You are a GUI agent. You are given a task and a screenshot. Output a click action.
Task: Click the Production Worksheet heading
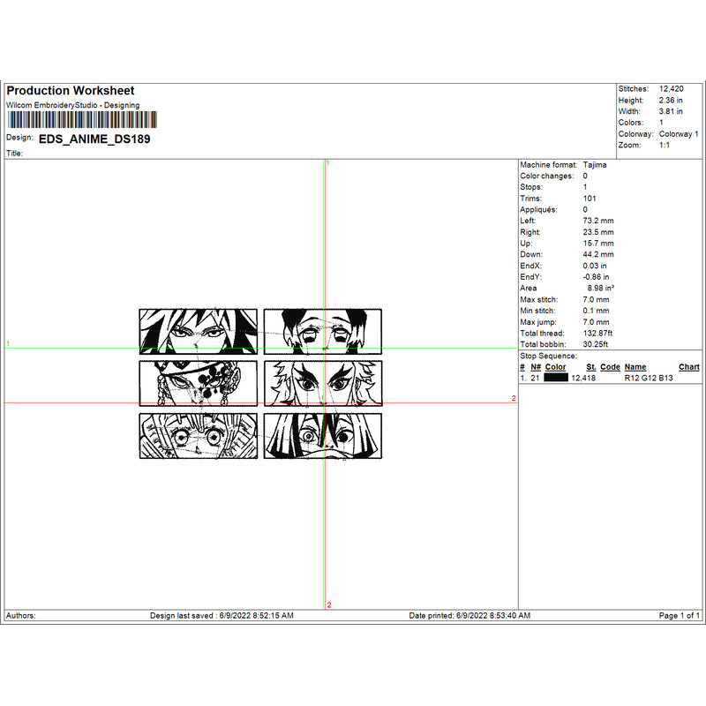pyautogui.click(x=71, y=91)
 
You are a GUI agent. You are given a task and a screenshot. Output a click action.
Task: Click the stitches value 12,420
pyautogui.click(x=672, y=89)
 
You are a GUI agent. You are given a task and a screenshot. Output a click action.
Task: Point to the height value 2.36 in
pyautogui.click(x=672, y=101)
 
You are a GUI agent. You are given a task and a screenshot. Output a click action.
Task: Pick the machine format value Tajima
pyautogui.click(x=595, y=165)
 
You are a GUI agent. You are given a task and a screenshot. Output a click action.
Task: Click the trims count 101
pyautogui.click(x=590, y=199)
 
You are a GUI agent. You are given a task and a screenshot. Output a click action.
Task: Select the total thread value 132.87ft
pyautogui.click(x=600, y=333)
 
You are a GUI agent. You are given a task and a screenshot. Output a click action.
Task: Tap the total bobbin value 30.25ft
pyautogui.click(x=597, y=344)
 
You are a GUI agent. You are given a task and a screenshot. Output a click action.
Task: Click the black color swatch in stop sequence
pyautogui.click(x=556, y=377)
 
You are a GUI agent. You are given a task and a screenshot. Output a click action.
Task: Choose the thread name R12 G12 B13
pyautogui.click(x=648, y=377)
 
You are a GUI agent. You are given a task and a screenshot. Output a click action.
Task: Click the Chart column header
pyautogui.click(x=689, y=367)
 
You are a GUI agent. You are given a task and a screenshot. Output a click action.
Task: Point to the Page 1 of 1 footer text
pyautogui.click(x=680, y=615)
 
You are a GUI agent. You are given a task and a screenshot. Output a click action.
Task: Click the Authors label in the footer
pyautogui.click(x=21, y=615)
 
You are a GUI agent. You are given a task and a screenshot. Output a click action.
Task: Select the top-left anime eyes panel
pyautogui.click(x=199, y=331)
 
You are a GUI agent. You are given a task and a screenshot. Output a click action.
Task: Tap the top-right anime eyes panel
pyautogui.click(x=323, y=331)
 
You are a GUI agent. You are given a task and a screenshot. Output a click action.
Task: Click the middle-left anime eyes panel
pyautogui.click(x=199, y=383)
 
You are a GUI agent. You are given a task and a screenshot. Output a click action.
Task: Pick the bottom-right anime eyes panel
pyautogui.click(x=323, y=436)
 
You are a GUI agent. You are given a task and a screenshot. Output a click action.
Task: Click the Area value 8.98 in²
pyautogui.click(x=600, y=288)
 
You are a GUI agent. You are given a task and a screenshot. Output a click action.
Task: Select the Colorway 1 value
pyautogui.click(x=679, y=134)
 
